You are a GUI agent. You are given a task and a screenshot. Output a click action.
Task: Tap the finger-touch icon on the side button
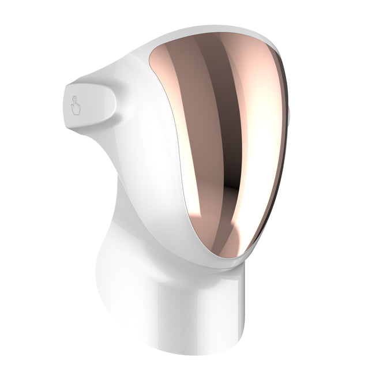[76, 106]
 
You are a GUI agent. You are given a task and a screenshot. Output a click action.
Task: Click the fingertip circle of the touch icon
[74, 101]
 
